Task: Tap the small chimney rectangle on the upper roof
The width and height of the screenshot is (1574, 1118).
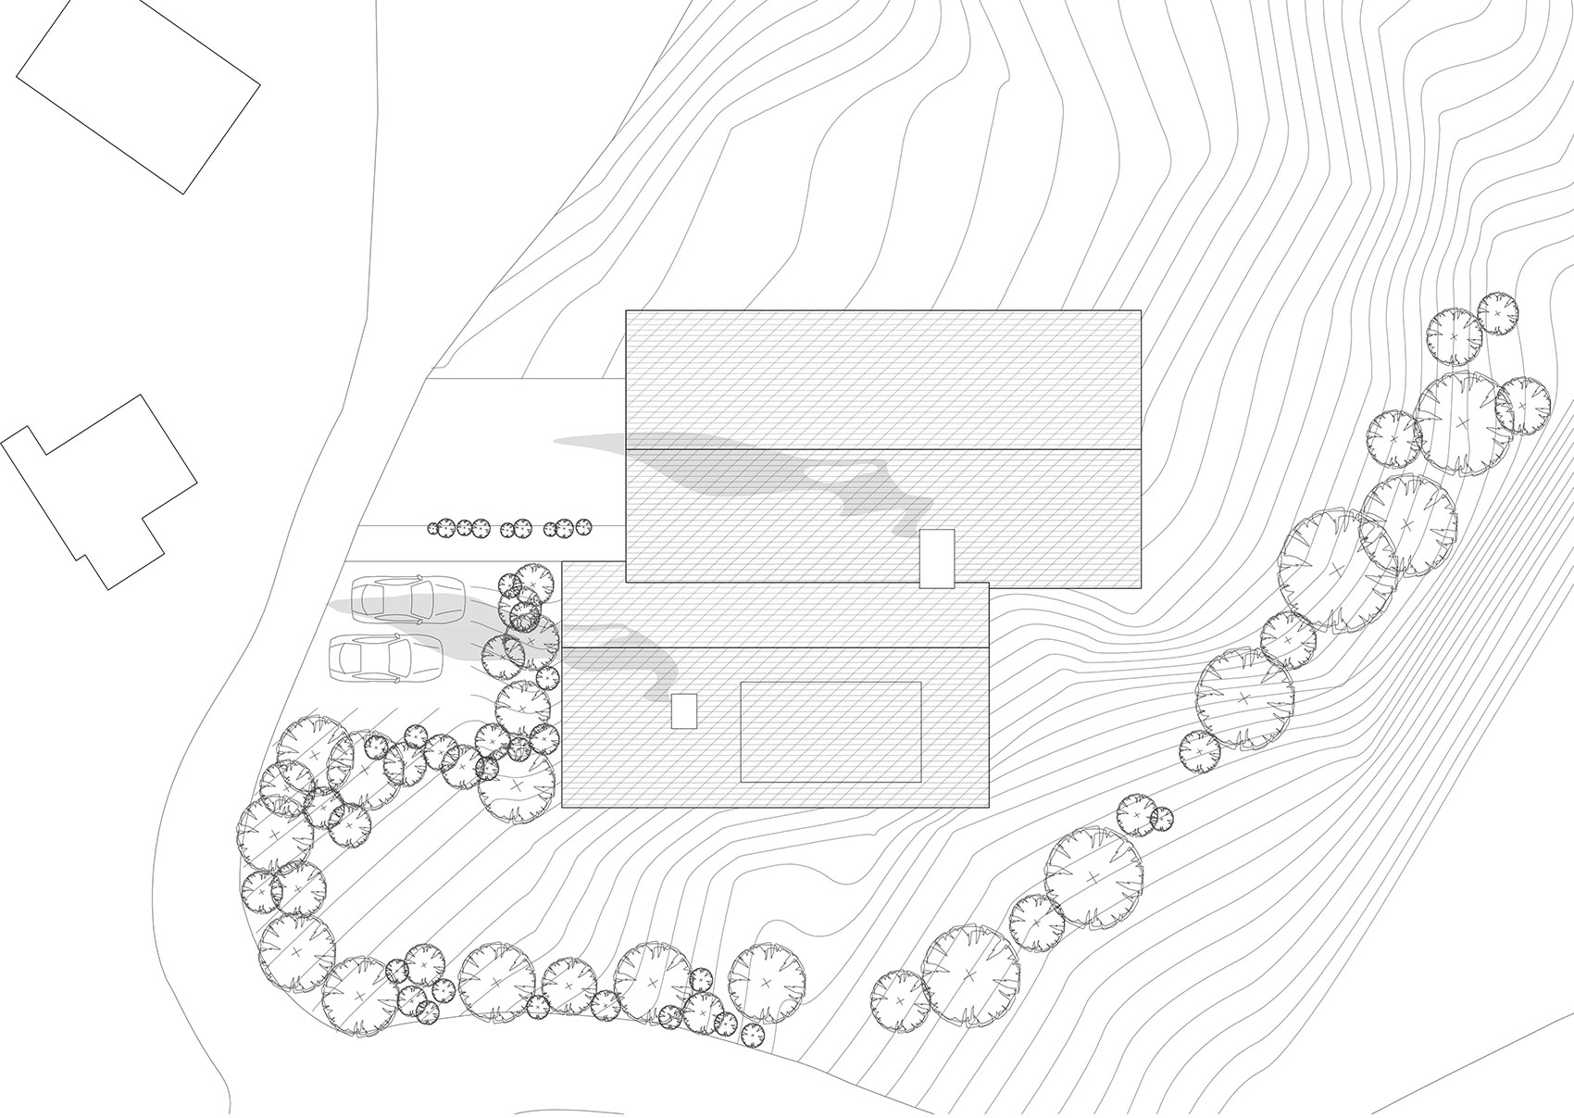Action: (x=936, y=558)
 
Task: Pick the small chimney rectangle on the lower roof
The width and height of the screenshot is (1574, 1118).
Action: (x=683, y=711)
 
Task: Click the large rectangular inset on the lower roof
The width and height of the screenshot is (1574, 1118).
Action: (x=831, y=732)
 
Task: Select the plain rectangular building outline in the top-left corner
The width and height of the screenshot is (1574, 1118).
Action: (x=138, y=97)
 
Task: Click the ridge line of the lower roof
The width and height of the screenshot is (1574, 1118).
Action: (x=776, y=647)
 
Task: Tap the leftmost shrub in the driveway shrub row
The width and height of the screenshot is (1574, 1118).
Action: (x=433, y=529)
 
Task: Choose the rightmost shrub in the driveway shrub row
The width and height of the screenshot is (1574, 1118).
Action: (x=583, y=527)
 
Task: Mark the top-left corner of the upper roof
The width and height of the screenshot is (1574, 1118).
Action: (x=627, y=310)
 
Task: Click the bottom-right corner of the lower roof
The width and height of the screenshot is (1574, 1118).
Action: (x=989, y=808)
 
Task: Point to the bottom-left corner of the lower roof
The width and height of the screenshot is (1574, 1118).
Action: (x=563, y=808)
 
